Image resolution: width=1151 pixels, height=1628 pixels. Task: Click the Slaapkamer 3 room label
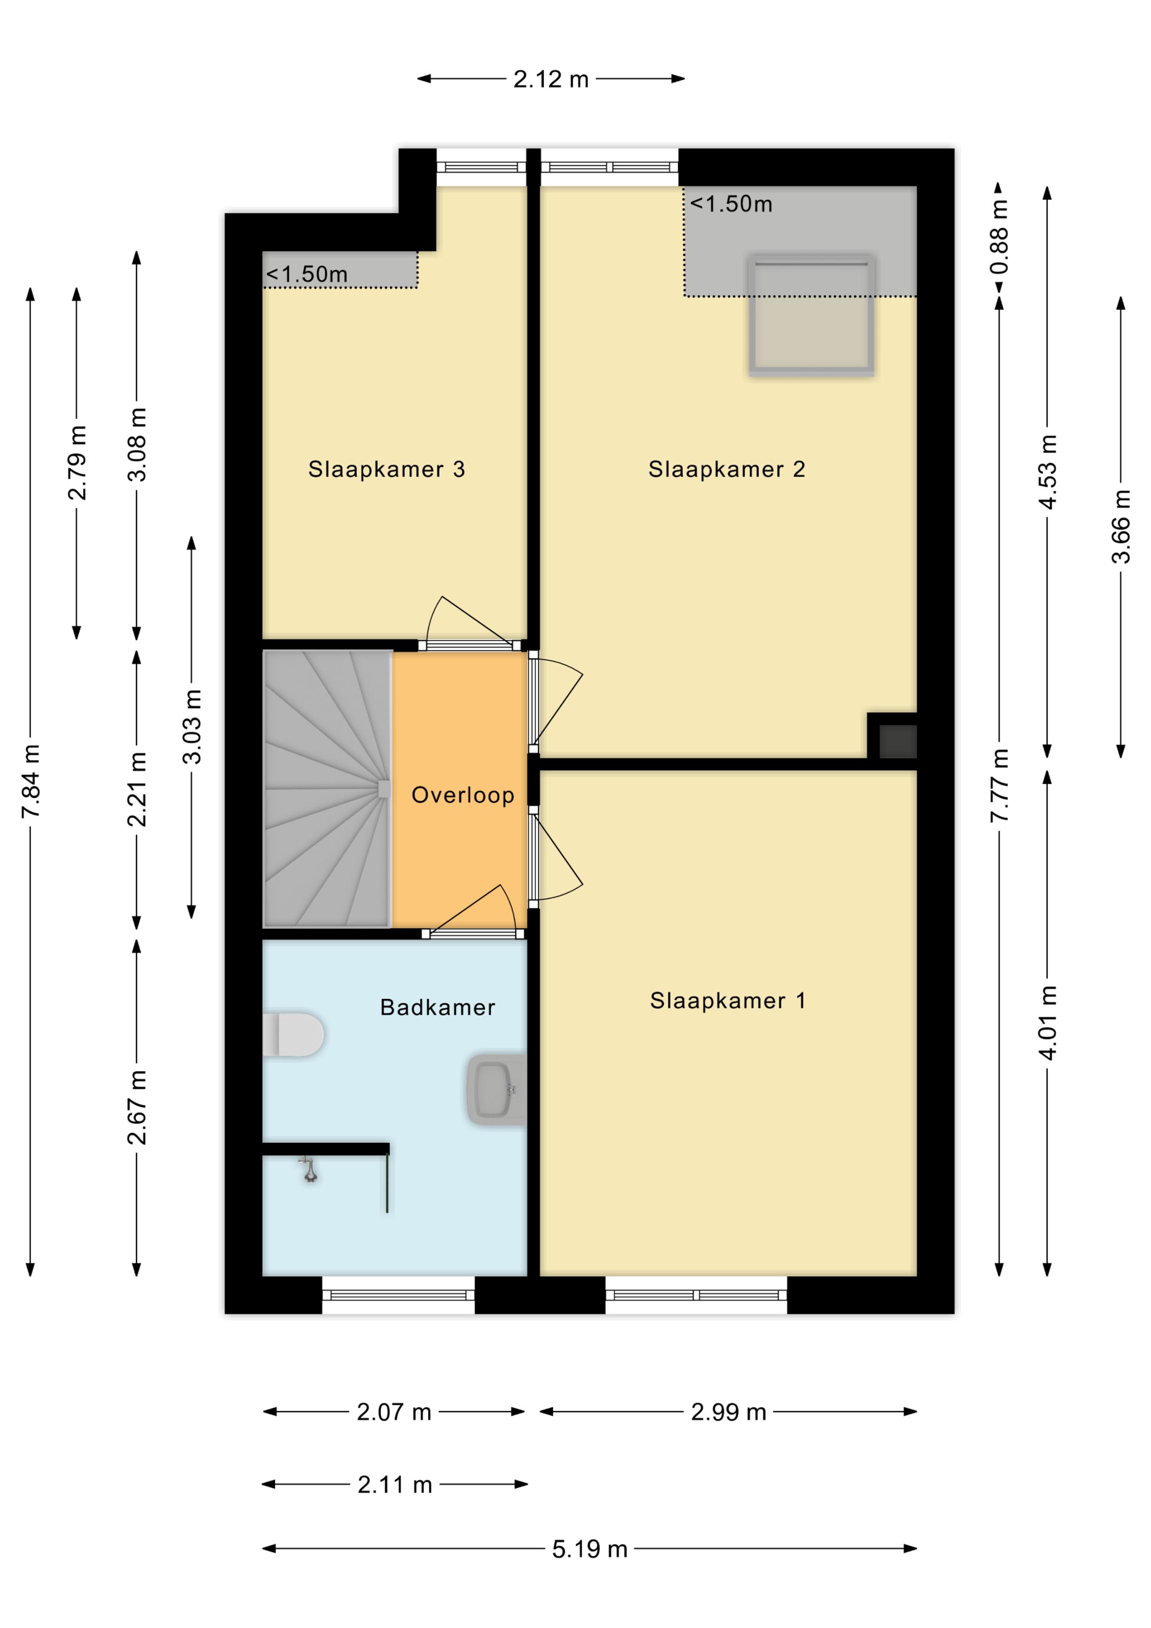tap(387, 469)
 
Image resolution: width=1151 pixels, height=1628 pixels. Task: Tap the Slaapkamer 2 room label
tap(727, 469)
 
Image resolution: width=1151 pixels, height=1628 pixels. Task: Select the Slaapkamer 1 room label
tap(728, 1001)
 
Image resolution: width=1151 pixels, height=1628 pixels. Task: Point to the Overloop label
tap(462, 795)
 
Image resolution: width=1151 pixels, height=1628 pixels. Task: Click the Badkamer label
tap(438, 1008)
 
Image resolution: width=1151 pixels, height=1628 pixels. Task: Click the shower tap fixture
tap(309, 1169)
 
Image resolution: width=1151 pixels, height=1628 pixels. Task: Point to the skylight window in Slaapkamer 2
tap(811, 315)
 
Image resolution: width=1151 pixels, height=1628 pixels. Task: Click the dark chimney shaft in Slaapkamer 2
tap(898, 741)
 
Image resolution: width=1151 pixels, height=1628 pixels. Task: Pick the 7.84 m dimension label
tap(31, 782)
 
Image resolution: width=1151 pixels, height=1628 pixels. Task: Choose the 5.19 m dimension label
tap(590, 1549)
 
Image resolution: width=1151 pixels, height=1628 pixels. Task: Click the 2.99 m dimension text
tap(728, 1413)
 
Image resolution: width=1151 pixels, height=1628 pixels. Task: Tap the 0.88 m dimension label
tap(999, 237)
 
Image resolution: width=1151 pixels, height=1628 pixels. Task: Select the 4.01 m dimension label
tap(1048, 1022)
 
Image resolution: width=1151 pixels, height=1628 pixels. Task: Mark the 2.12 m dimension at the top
tap(551, 79)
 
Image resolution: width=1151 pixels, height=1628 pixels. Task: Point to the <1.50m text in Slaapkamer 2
tap(731, 204)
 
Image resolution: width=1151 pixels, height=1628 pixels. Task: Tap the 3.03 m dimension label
tap(192, 726)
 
